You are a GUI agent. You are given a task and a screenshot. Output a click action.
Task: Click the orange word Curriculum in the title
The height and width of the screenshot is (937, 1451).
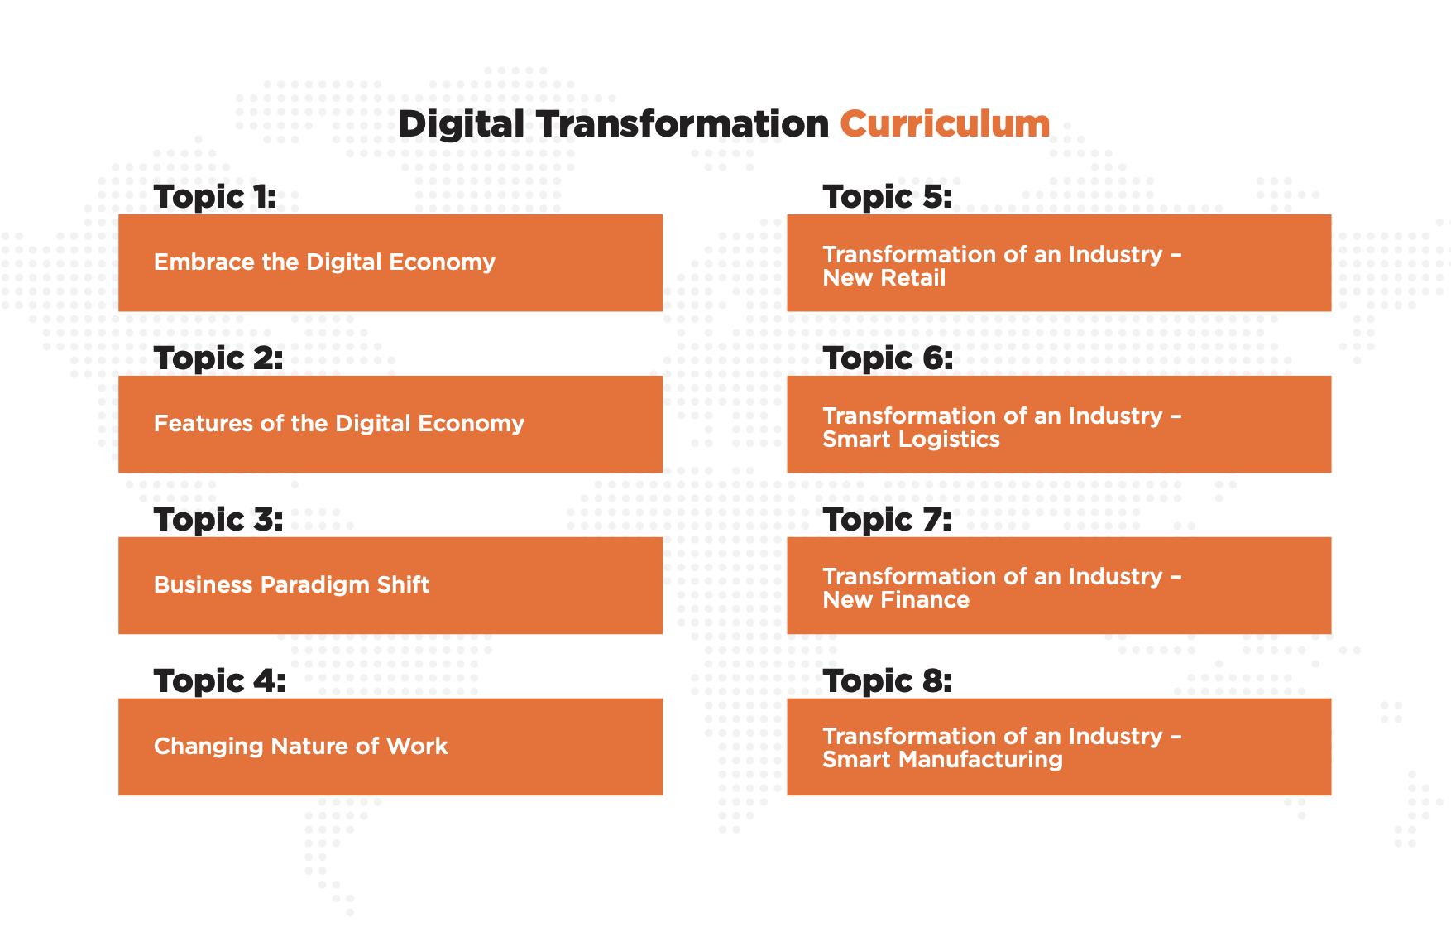click(x=945, y=124)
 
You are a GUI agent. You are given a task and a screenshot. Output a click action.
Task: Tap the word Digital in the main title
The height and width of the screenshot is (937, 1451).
click(x=461, y=124)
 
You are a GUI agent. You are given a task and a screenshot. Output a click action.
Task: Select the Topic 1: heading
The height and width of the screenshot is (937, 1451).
click(x=215, y=197)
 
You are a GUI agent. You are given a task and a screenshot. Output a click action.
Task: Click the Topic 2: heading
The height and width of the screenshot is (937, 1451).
click(x=218, y=358)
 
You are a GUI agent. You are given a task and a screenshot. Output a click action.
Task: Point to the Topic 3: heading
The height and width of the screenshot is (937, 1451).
click(x=218, y=520)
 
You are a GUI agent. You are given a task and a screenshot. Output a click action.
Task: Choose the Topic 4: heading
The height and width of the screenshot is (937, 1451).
click(x=219, y=681)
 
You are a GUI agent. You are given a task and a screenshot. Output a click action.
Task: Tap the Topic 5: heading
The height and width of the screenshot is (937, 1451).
click(x=887, y=197)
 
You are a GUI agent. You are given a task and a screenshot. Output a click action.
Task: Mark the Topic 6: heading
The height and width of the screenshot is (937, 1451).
click(x=888, y=358)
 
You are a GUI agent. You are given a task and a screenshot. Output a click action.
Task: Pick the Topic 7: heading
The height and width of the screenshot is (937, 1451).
click(x=887, y=520)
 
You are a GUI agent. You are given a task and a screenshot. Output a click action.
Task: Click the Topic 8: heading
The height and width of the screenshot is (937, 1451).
click(x=887, y=681)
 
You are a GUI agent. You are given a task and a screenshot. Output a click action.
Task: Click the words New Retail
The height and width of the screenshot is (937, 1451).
click(x=884, y=278)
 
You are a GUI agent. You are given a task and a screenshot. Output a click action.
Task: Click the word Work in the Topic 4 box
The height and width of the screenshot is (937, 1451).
click(x=417, y=747)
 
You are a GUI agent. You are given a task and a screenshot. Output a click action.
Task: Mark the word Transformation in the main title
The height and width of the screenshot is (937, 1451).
click(x=682, y=124)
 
